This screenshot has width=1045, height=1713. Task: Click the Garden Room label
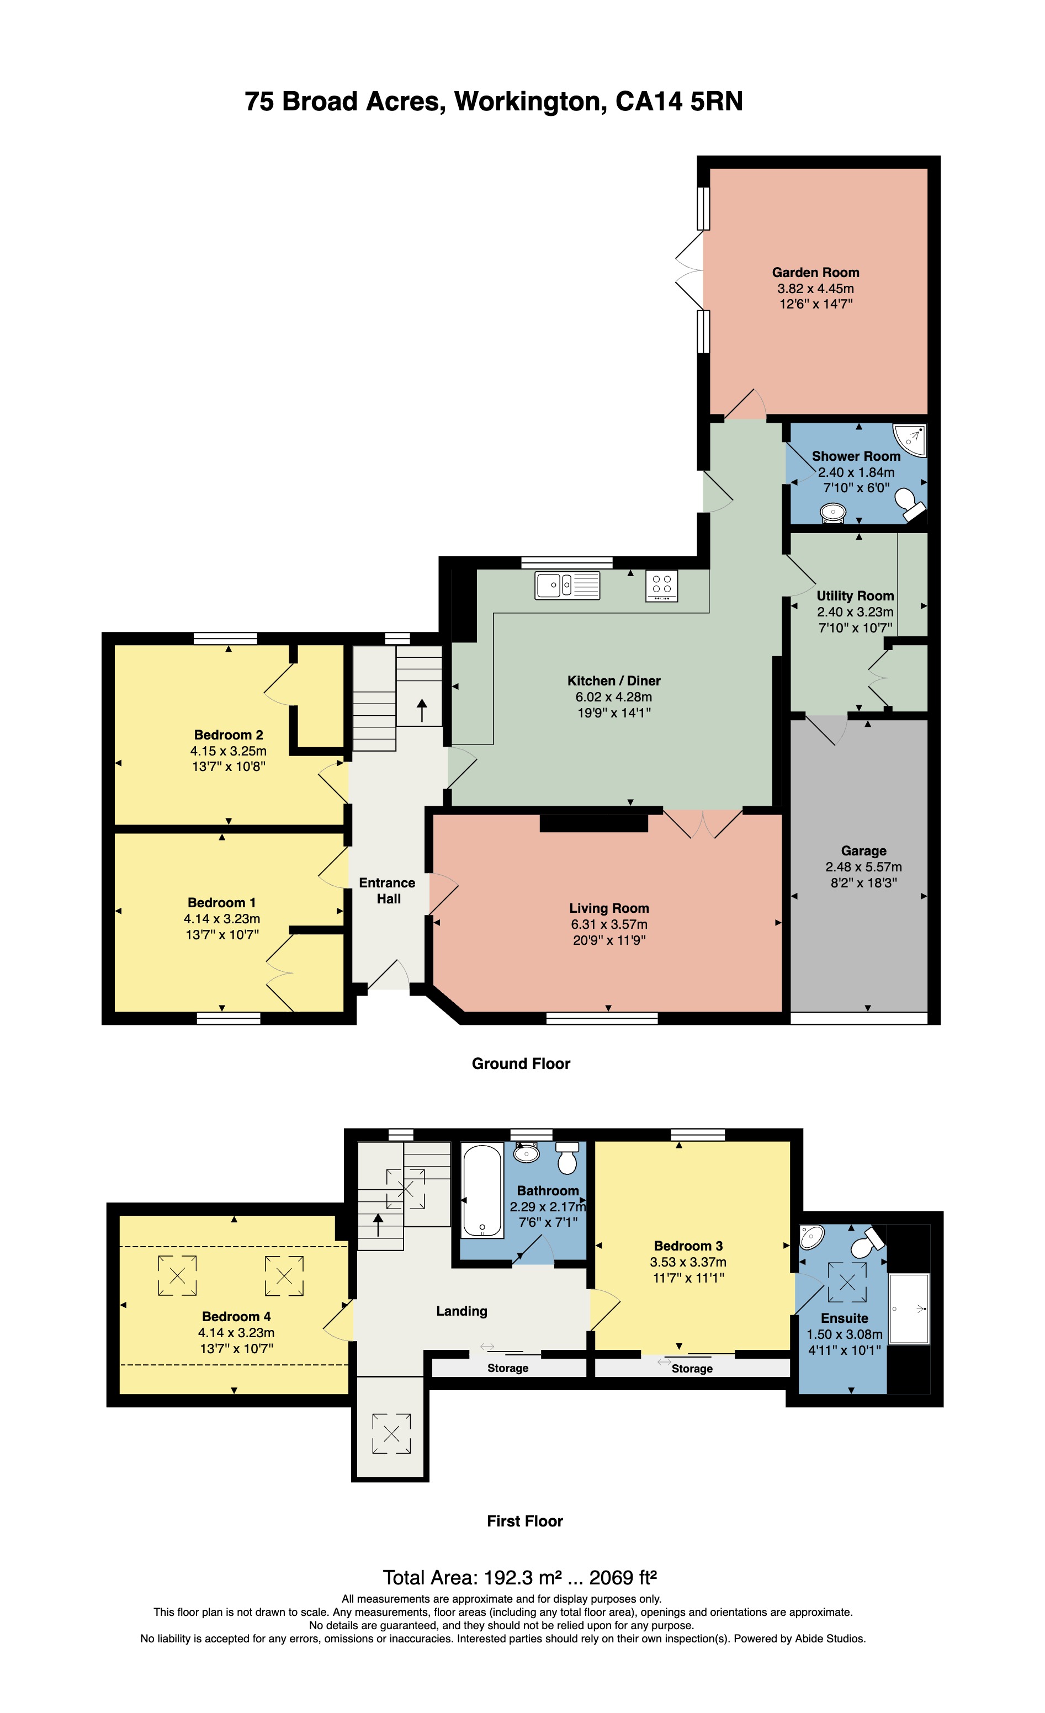click(x=815, y=273)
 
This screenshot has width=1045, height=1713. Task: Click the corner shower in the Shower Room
click(x=911, y=440)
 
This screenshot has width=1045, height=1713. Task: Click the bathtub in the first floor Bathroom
click(x=482, y=1191)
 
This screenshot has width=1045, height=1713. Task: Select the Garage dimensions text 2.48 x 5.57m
click(x=863, y=867)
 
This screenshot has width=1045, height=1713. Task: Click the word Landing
click(x=462, y=1311)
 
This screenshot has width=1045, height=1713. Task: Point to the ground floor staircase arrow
click(x=421, y=712)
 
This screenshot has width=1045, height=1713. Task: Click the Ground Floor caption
click(x=521, y=1063)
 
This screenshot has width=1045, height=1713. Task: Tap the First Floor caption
click(x=525, y=1521)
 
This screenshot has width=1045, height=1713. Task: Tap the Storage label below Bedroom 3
click(x=692, y=1368)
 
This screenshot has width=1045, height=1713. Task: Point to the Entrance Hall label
click(x=388, y=891)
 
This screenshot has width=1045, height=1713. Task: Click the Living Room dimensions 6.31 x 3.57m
click(x=609, y=924)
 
